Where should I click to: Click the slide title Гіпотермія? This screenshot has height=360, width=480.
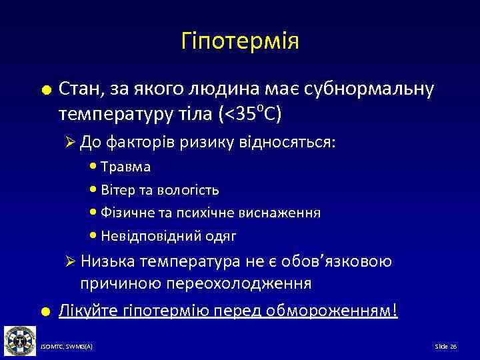[x=240, y=42]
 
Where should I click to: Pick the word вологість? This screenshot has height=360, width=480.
[x=189, y=190]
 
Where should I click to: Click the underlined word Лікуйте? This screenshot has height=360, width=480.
[x=83, y=311]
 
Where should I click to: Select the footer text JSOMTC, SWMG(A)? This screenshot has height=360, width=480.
[x=67, y=347]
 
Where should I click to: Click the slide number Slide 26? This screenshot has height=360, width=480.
[x=445, y=347]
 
